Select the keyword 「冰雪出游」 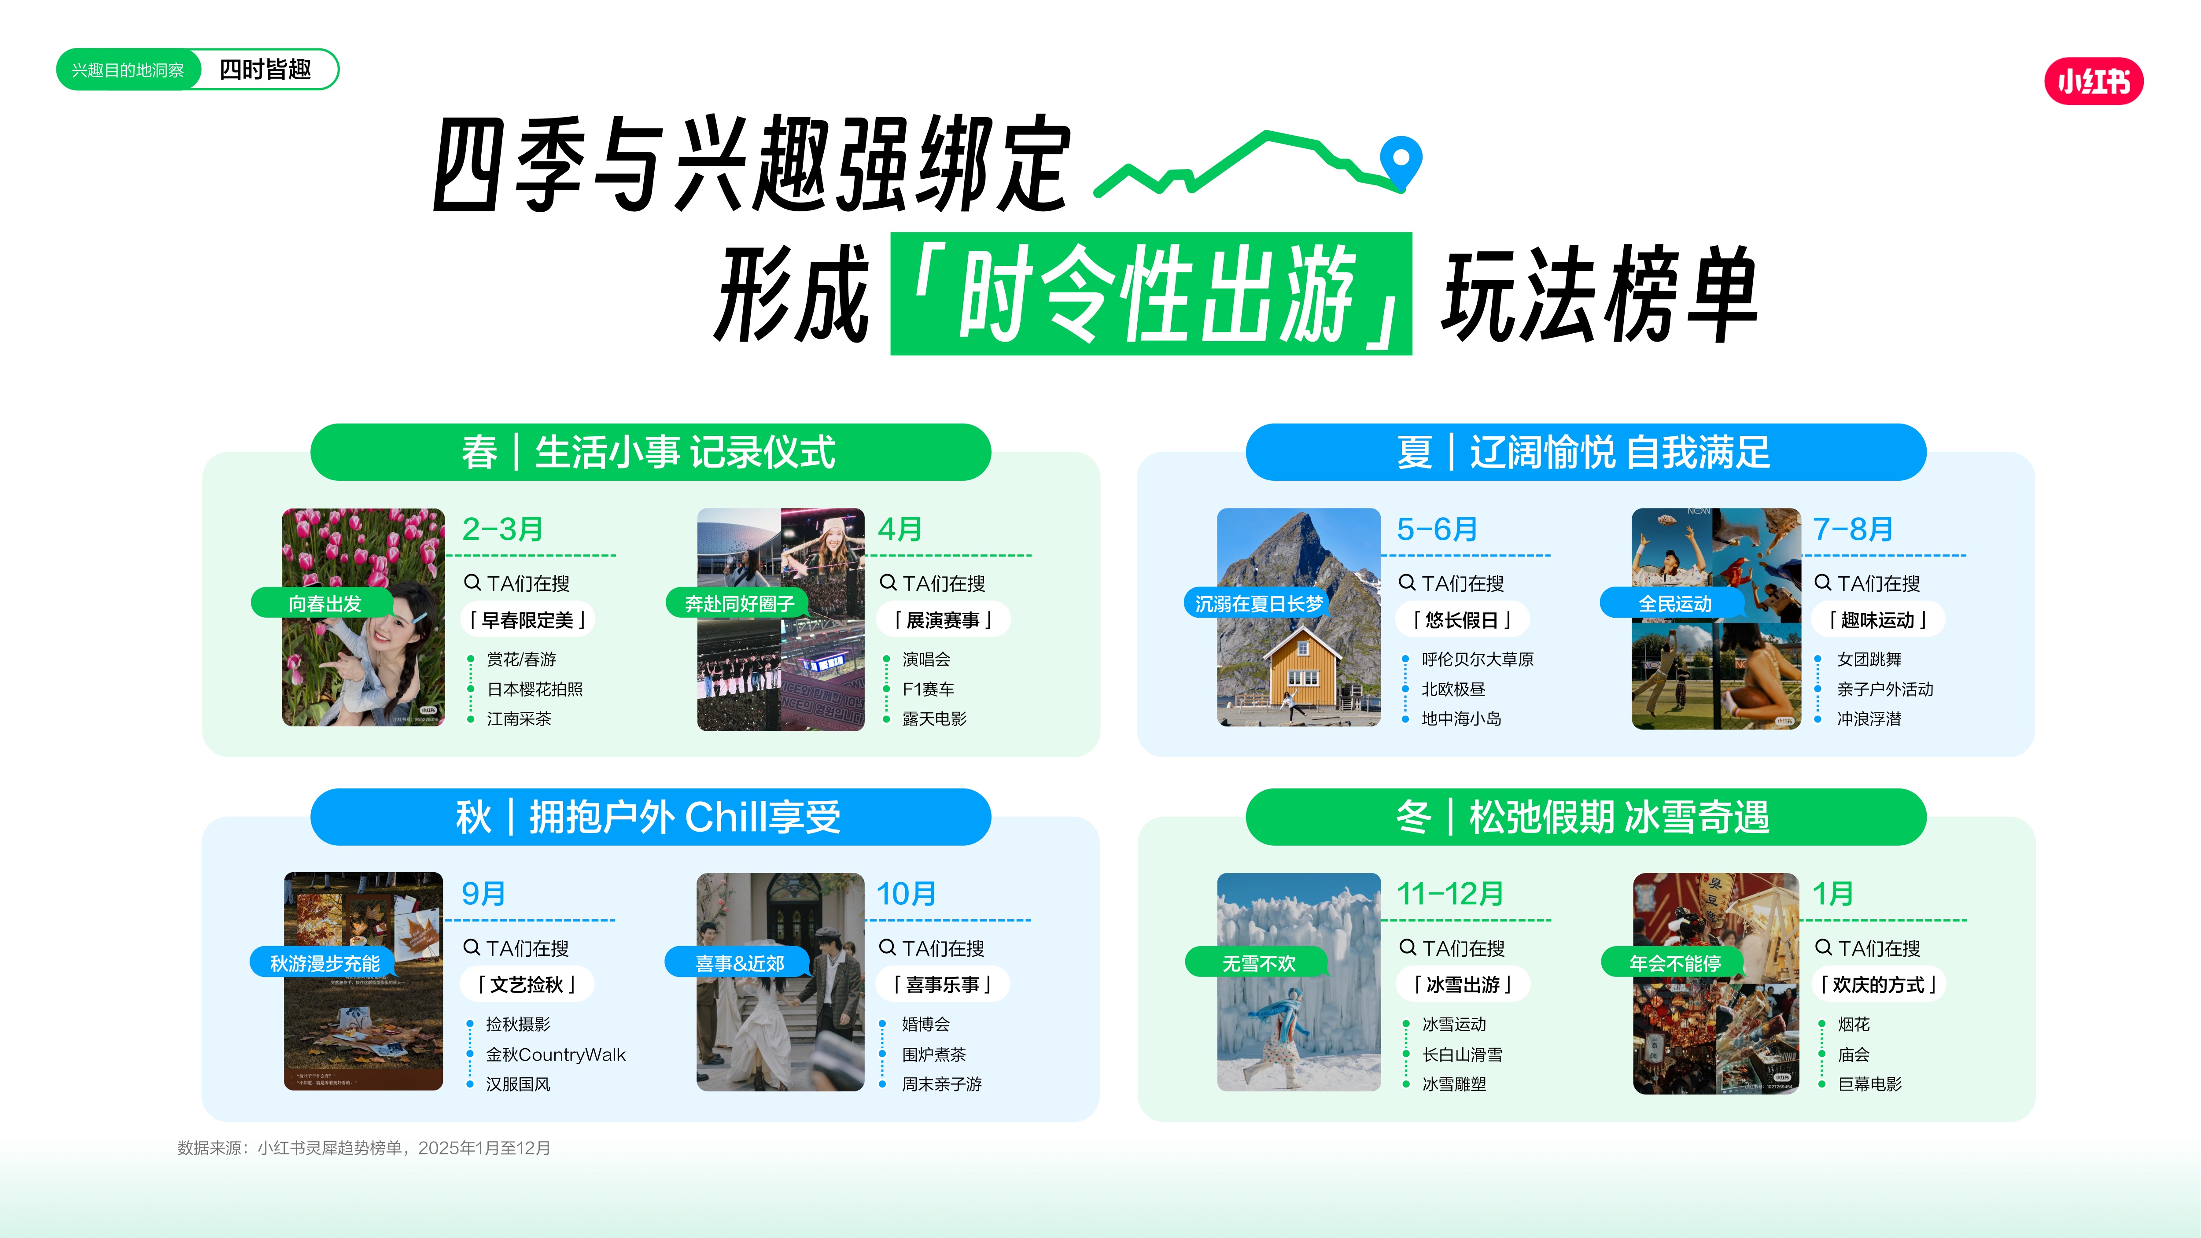1463,984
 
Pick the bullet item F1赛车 928,689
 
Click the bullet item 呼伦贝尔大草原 1477,659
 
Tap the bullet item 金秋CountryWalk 555,1054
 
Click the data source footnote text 364,1147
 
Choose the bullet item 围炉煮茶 934,1054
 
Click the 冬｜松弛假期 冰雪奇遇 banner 1586,817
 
